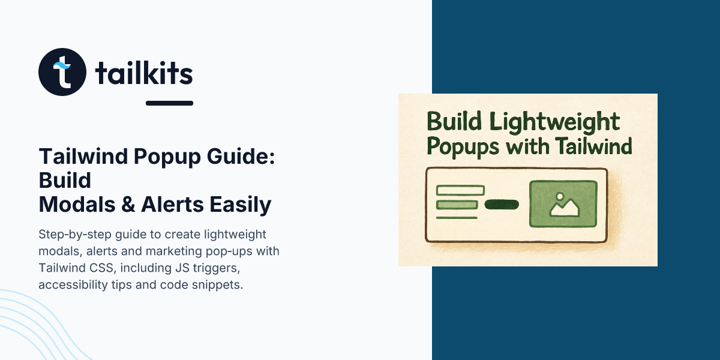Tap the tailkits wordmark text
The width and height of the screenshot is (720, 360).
[144, 74]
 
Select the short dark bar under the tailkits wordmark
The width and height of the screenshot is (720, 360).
[169, 103]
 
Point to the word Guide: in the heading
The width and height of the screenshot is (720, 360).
[247, 158]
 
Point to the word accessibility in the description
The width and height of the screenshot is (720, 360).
[71, 284]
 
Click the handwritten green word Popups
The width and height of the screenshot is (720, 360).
[461, 146]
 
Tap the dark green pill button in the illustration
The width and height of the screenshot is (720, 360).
[501, 205]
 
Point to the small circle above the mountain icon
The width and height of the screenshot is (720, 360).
[560, 196]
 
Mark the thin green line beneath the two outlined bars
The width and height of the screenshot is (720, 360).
[457, 218]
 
